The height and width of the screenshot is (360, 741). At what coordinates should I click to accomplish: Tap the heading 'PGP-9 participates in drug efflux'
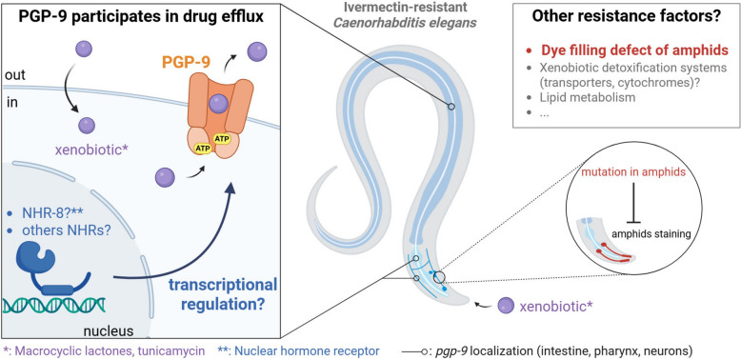coord(141,17)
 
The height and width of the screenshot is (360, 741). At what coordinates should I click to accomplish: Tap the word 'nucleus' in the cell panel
coord(110,330)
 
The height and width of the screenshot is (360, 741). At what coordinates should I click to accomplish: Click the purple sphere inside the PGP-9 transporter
coord(218,104)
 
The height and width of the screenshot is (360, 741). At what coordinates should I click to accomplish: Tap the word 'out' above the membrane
coord(13,74)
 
